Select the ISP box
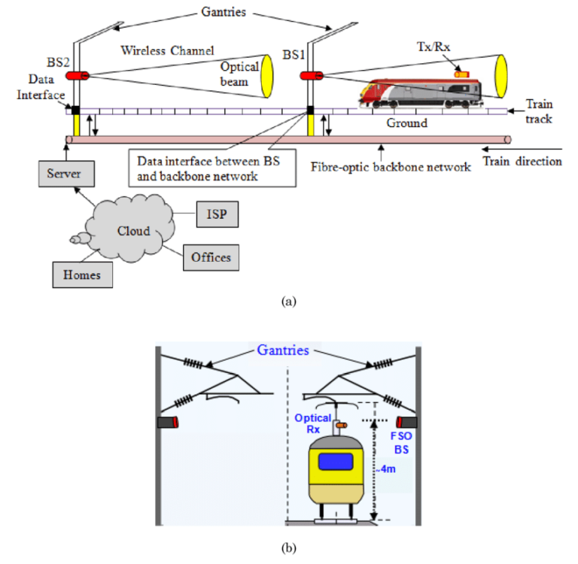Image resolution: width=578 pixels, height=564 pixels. pos(217,214)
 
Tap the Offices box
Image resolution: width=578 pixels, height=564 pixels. pos(210,257)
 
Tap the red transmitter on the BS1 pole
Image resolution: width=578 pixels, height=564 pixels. pos(311,75)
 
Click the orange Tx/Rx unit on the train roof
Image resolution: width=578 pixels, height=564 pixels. pos(461,73)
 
